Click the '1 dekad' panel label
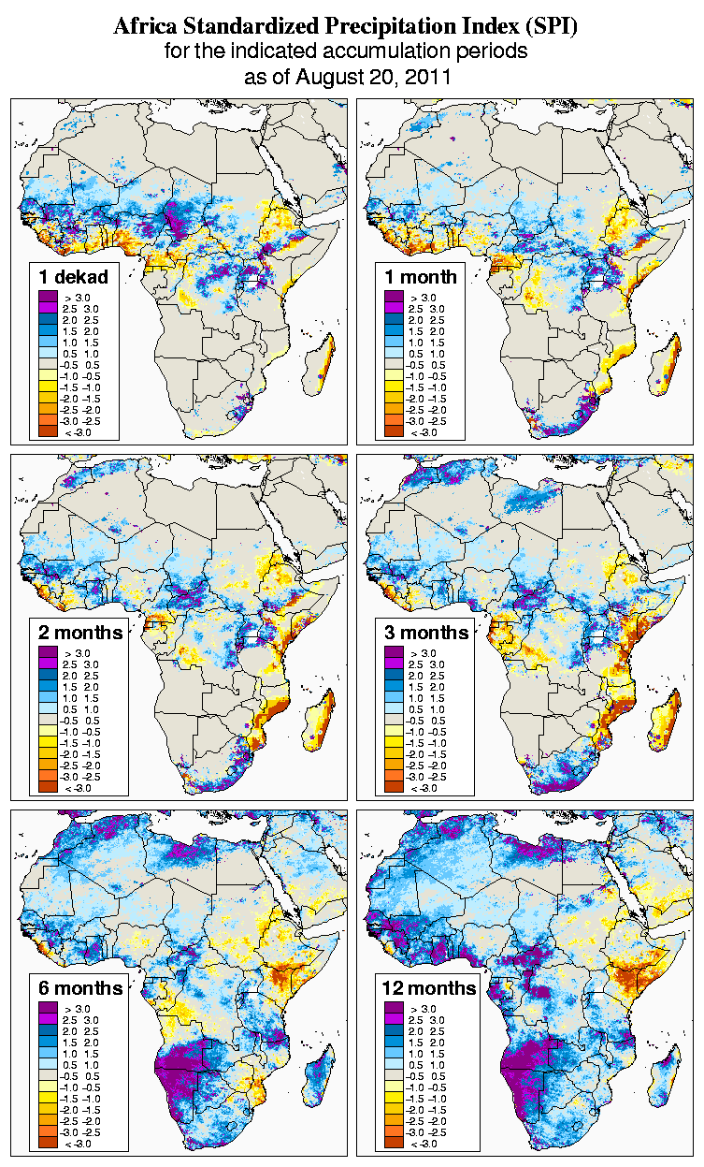coord(74,276)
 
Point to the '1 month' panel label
coord(420,276)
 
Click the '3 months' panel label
coord(426,632)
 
